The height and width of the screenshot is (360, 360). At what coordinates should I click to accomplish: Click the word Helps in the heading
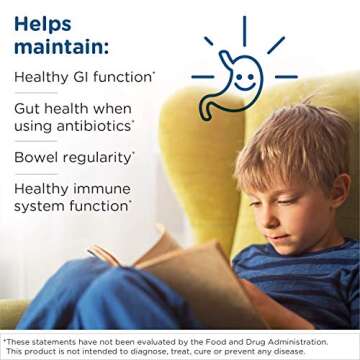(x=43, y=23)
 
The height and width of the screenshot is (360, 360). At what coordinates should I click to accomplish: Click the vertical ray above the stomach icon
(x=244, y=29)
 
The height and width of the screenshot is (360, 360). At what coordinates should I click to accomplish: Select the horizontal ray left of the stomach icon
(x=203, y=76)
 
